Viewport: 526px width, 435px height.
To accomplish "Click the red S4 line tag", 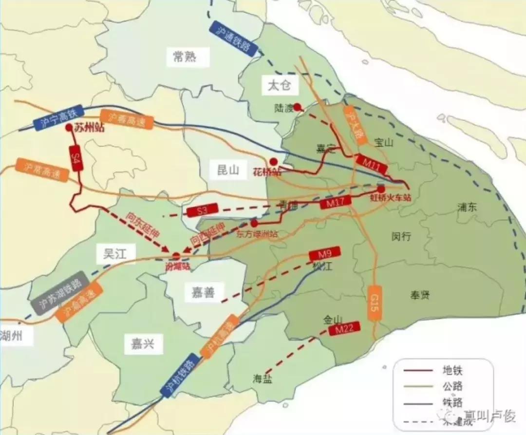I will (x=75, y=158).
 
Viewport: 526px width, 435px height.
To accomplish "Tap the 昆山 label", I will (x=228, y=170).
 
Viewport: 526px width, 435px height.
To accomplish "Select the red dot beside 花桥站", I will (x=274, y=161).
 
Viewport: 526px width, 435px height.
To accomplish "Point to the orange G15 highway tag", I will (x=374, y=303).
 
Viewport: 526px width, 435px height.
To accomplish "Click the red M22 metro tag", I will (x=344, y=329).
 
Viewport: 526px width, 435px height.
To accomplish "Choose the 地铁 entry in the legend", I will (x=451, y=370).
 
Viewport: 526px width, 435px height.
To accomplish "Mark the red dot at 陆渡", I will (x=297, y=107).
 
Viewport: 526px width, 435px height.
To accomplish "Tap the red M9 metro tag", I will (x=324, y=254).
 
